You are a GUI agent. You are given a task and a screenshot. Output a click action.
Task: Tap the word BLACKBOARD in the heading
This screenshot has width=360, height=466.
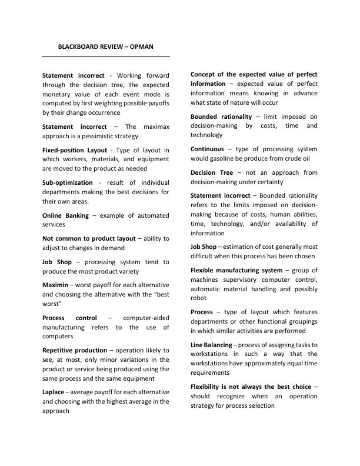click(78, 46)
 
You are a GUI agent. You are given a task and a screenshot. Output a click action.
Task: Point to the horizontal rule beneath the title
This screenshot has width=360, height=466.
click(106, 56)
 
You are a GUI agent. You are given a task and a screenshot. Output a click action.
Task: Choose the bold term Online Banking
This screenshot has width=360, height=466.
click(65, 215)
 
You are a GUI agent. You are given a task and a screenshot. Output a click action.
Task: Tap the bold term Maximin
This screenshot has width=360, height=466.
click(56, 285)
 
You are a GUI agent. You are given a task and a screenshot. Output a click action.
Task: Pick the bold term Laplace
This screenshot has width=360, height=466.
click(55, 391)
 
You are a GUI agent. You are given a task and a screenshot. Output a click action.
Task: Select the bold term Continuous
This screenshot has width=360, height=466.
click(207, 149)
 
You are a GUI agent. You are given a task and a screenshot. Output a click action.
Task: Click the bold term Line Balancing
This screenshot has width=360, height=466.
click(211, 344)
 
